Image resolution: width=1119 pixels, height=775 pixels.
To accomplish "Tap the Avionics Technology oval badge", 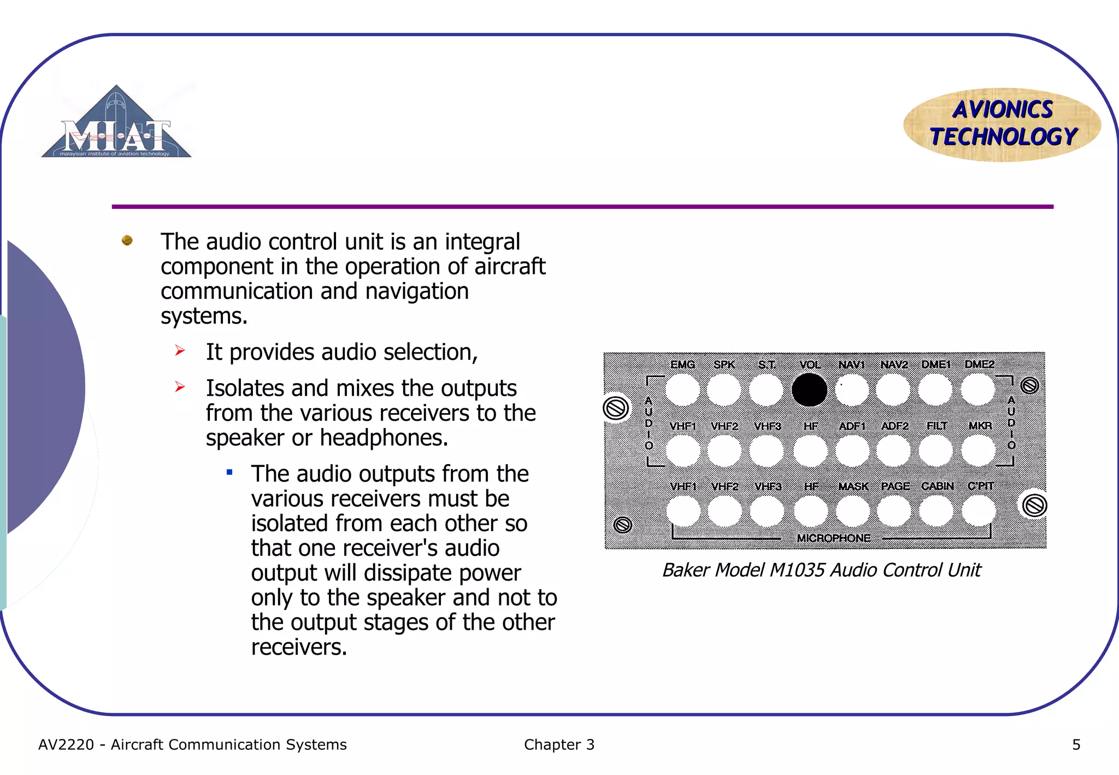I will [1002, 124].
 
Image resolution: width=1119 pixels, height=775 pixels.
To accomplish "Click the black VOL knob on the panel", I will [809, 390].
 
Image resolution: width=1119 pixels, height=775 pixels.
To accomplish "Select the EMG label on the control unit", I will [682, 365].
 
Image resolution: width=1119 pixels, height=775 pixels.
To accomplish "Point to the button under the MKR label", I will [978, 451].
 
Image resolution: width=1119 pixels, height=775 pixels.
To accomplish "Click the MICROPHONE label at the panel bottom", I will [833, 538].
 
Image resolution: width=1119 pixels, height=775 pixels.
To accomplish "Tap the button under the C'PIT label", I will [979, 511].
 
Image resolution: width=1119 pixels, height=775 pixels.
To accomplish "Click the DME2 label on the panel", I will [979, 364].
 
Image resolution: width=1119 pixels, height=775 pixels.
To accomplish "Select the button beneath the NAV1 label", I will [852, 390].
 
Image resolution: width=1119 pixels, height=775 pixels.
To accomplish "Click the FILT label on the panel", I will [937, 426].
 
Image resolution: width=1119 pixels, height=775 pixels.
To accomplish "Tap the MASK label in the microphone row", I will [853, 486].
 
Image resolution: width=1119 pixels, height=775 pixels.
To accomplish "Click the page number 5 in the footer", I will [1076, 744].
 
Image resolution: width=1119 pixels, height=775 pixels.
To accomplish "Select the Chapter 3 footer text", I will [559, 744].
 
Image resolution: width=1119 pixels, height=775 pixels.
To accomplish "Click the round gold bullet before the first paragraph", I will [127, 240].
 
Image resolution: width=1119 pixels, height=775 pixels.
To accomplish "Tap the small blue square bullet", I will [229, 472].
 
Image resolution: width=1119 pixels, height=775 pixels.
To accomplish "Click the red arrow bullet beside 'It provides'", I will [180, 351].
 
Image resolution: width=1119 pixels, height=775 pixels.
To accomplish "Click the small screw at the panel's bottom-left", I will [622, 525].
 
